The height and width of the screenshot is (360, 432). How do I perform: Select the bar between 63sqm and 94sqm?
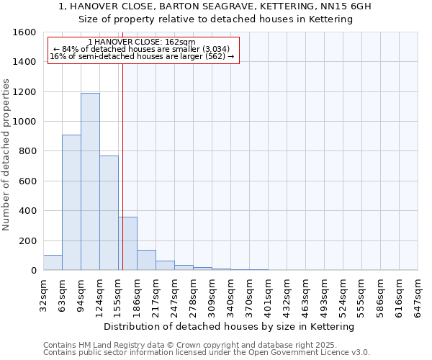tap(71, 202)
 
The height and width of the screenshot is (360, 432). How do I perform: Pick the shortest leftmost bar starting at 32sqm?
tap(53, 263)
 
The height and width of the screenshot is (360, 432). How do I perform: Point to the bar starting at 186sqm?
tap(146, 260)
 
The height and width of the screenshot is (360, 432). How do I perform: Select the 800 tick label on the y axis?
tap(27, 151)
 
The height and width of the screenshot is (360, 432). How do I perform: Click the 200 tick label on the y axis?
tap(27, 240)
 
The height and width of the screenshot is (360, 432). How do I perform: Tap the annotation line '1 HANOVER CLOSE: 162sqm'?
tap(142, 42)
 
